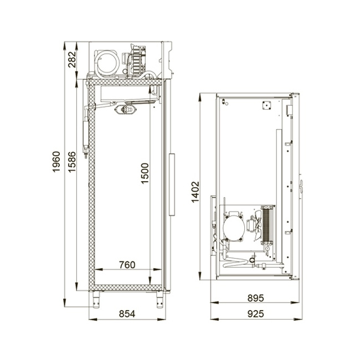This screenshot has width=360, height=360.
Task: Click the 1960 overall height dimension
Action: (56, 162)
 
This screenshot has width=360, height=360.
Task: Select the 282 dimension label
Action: (72, 59)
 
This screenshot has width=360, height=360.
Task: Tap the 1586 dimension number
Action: (72, 162)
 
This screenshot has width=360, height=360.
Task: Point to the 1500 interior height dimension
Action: (145, 173)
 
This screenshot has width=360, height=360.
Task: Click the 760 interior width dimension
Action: (127, 265)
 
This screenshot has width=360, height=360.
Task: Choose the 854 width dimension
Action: (127, 314)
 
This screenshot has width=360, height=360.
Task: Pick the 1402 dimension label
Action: (196, 192)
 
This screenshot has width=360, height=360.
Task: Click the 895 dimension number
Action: (255, 298)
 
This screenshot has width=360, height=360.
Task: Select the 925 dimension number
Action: (255, 314)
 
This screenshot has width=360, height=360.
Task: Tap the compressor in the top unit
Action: (107, 63)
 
